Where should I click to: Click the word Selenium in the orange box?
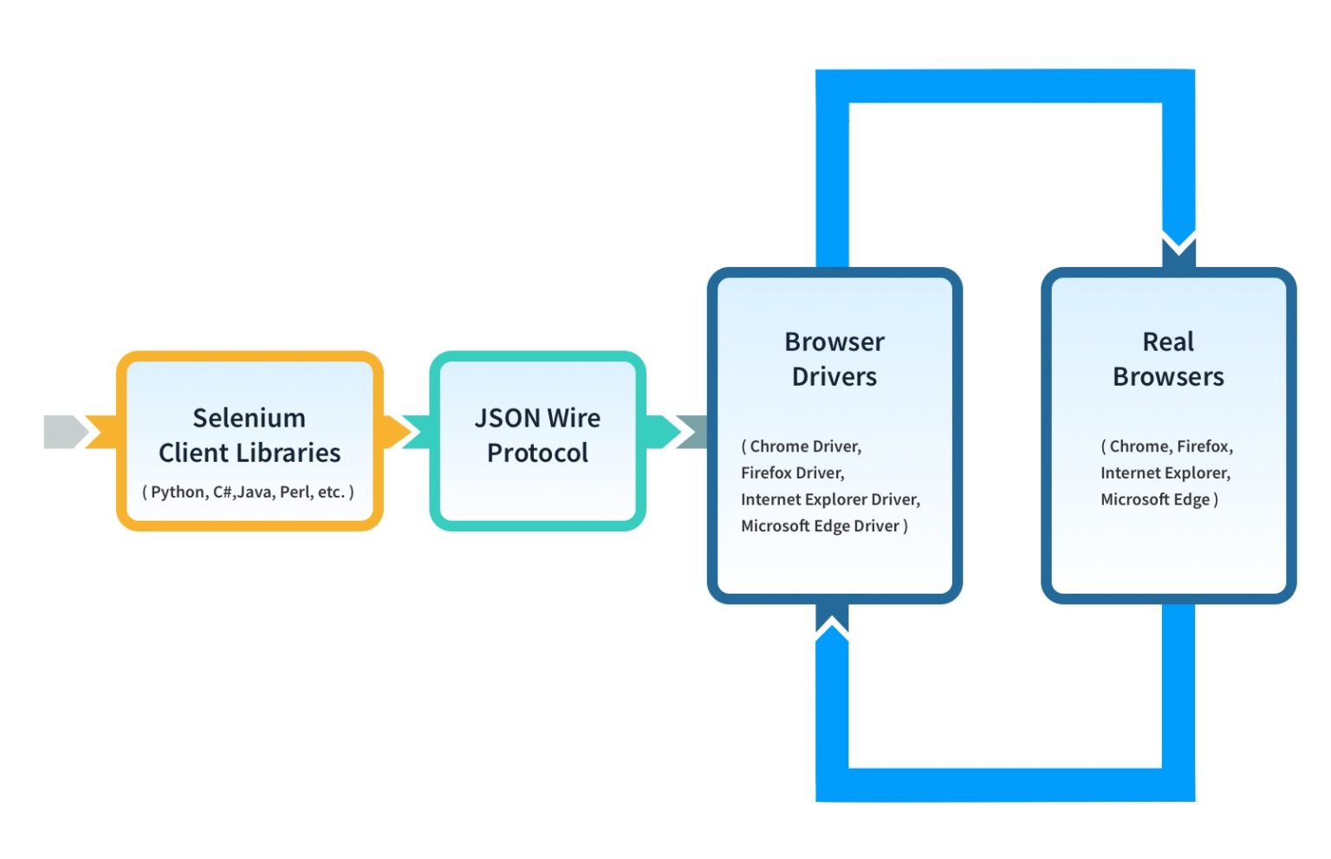249,418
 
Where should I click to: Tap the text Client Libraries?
250,452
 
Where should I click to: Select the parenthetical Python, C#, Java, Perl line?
248,491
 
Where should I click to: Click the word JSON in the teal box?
507,418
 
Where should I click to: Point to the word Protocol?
537,452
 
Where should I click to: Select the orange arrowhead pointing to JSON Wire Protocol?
394,432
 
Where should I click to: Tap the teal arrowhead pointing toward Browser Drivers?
662,432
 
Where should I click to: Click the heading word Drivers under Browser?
834,376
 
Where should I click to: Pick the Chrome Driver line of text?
802,446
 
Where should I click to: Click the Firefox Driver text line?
792,472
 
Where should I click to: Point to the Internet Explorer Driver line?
829,499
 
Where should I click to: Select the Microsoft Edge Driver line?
823,526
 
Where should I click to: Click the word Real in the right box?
1167,342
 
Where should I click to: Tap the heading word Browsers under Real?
1167,376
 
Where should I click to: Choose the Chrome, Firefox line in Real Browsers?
1166,446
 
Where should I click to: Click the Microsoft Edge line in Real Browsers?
1159,499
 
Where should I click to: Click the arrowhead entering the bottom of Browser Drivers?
832,617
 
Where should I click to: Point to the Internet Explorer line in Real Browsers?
1165,472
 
